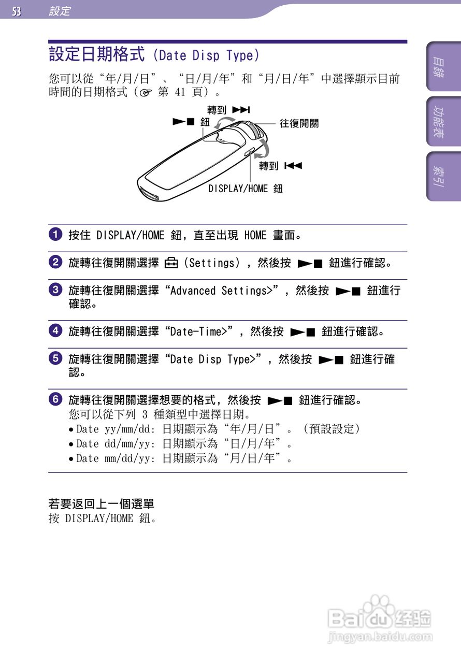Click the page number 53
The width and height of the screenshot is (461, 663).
17,11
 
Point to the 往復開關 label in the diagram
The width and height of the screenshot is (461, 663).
299,123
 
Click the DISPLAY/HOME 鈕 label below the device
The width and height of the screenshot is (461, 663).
246,189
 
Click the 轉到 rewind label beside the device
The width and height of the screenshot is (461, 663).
280,166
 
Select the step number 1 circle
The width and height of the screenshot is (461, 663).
56,235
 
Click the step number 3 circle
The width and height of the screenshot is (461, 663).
56,290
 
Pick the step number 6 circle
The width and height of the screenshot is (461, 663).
56,399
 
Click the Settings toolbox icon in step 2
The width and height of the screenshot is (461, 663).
171,263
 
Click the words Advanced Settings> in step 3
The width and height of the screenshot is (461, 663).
221,291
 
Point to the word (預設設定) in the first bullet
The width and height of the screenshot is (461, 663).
332,429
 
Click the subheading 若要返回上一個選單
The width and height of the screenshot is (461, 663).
102,503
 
